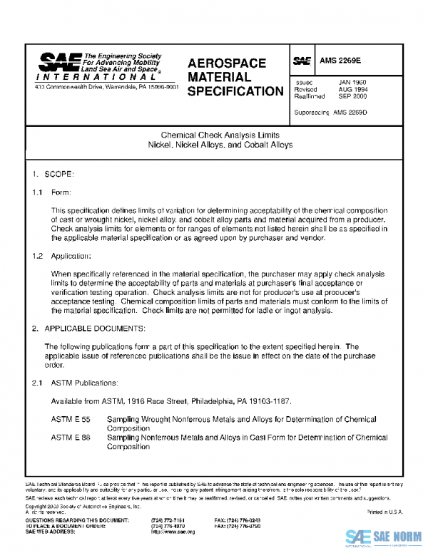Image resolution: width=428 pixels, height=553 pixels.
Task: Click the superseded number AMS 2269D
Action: click(x=347, y=113)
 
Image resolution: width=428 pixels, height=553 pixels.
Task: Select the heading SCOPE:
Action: click(x=59, y=174)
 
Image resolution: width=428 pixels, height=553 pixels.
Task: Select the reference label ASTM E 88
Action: click(x=71, y=438)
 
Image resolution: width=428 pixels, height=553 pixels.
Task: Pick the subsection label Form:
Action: click(x=61, y=193)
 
